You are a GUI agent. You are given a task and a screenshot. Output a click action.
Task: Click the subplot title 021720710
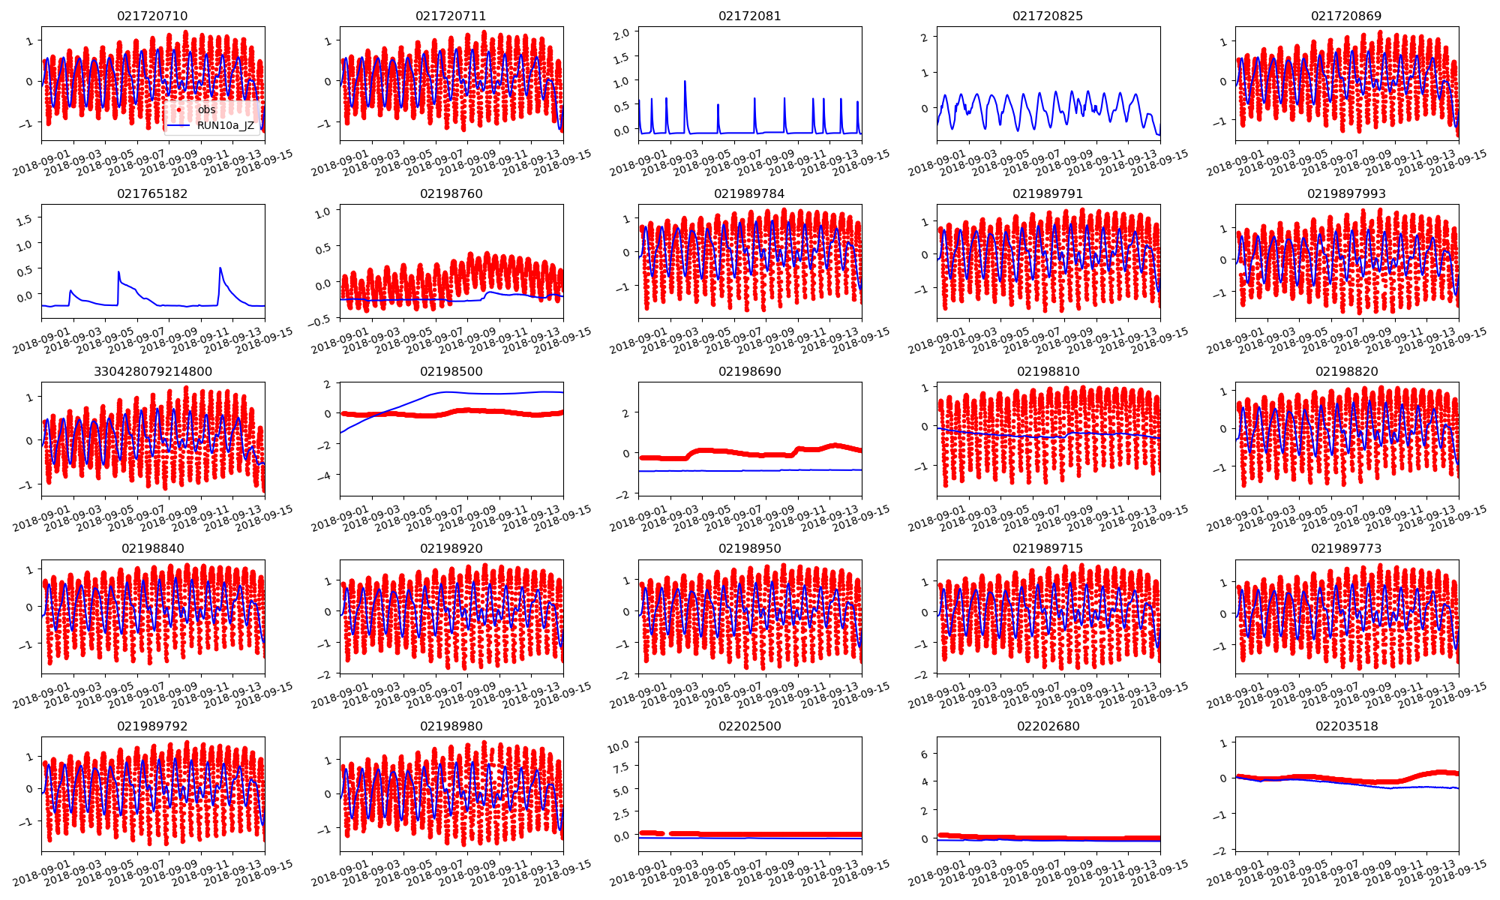[x=152, y=16]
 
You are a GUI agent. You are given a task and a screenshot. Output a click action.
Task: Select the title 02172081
[x=749, y=16]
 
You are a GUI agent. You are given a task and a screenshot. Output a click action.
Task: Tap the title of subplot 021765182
[x=152, y=193]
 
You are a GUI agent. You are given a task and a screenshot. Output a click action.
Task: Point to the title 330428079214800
[x=152, y=371]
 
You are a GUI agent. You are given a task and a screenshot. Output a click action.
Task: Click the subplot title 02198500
[x=451, y=371]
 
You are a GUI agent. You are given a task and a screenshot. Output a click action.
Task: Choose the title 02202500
[x=749, y=726]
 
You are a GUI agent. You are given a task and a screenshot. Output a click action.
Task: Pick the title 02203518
[x=1346, y=726]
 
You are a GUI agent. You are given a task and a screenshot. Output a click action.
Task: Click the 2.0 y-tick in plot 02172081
[x=621, y=33]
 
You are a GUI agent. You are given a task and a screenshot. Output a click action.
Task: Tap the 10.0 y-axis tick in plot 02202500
[x=619, y=743]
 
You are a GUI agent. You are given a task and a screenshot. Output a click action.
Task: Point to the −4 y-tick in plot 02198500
[x=325, y=475]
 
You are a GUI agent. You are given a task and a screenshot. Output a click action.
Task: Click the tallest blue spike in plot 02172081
[x=685, y=82]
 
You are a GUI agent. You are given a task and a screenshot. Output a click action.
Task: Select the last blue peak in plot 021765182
[x=220, y=268]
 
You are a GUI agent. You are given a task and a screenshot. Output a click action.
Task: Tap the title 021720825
[x=1048, y=16]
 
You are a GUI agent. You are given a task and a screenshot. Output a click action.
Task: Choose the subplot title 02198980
[x=451, y=726]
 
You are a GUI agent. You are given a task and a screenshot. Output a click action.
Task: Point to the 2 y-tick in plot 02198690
[x=625, y=413]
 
